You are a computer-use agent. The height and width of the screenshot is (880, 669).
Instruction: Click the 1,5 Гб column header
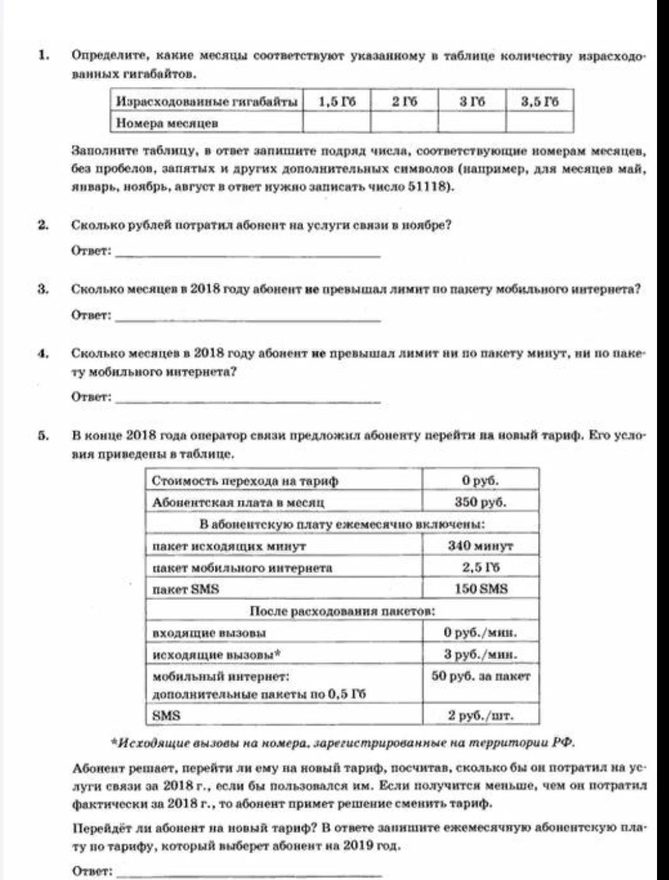[x=336, y=101]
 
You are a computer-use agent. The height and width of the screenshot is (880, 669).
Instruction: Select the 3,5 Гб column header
[x=540, y=101]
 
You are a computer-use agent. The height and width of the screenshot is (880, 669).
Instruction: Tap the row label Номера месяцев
[x=167, y=123]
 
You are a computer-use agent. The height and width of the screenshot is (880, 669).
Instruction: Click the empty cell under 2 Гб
[x=404, y=122]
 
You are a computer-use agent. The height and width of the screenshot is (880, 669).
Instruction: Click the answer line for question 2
[x=249, y=254]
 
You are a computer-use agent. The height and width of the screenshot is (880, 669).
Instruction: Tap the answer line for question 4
[x=249, y=400]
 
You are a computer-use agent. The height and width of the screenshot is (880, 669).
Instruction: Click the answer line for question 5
[x=249, y=874]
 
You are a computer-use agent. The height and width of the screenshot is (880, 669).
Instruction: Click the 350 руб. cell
[x=480, y=502]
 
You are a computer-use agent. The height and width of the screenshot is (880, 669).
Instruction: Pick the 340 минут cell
[x=480, y=545]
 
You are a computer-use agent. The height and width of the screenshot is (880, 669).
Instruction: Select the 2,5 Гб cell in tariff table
[x=480, y=567]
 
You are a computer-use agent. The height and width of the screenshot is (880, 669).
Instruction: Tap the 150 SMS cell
[x=480, y=589]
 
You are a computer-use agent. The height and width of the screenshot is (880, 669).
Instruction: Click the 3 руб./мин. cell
[x=480, y=654]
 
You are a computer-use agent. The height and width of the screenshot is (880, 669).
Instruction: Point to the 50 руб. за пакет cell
[x=480, y=677]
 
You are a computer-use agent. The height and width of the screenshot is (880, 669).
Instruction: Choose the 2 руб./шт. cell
[x=480, y=715]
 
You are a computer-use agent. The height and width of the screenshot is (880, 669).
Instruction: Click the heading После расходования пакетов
[x=343, y=611]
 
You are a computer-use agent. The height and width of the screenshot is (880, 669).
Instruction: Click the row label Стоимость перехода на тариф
[x=246, y=481]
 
